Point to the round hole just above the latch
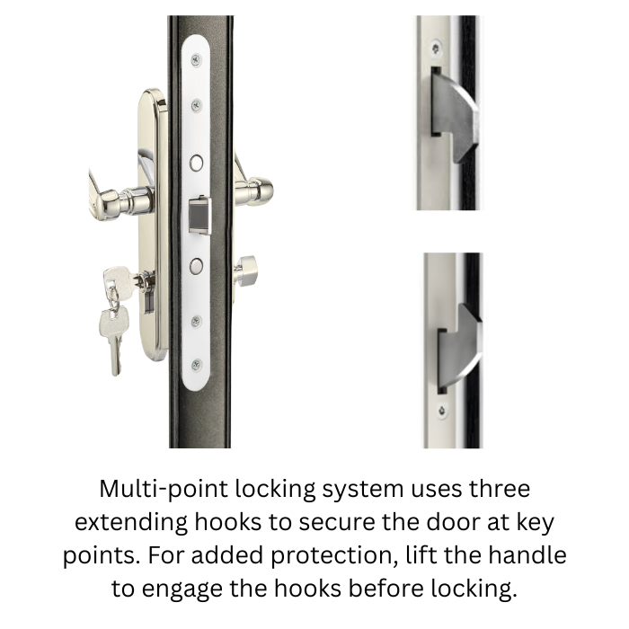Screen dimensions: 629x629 click(x=197, y=164)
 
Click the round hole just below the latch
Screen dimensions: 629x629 click(x=197, y=264)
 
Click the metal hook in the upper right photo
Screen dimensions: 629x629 click(x=457, y=113)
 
